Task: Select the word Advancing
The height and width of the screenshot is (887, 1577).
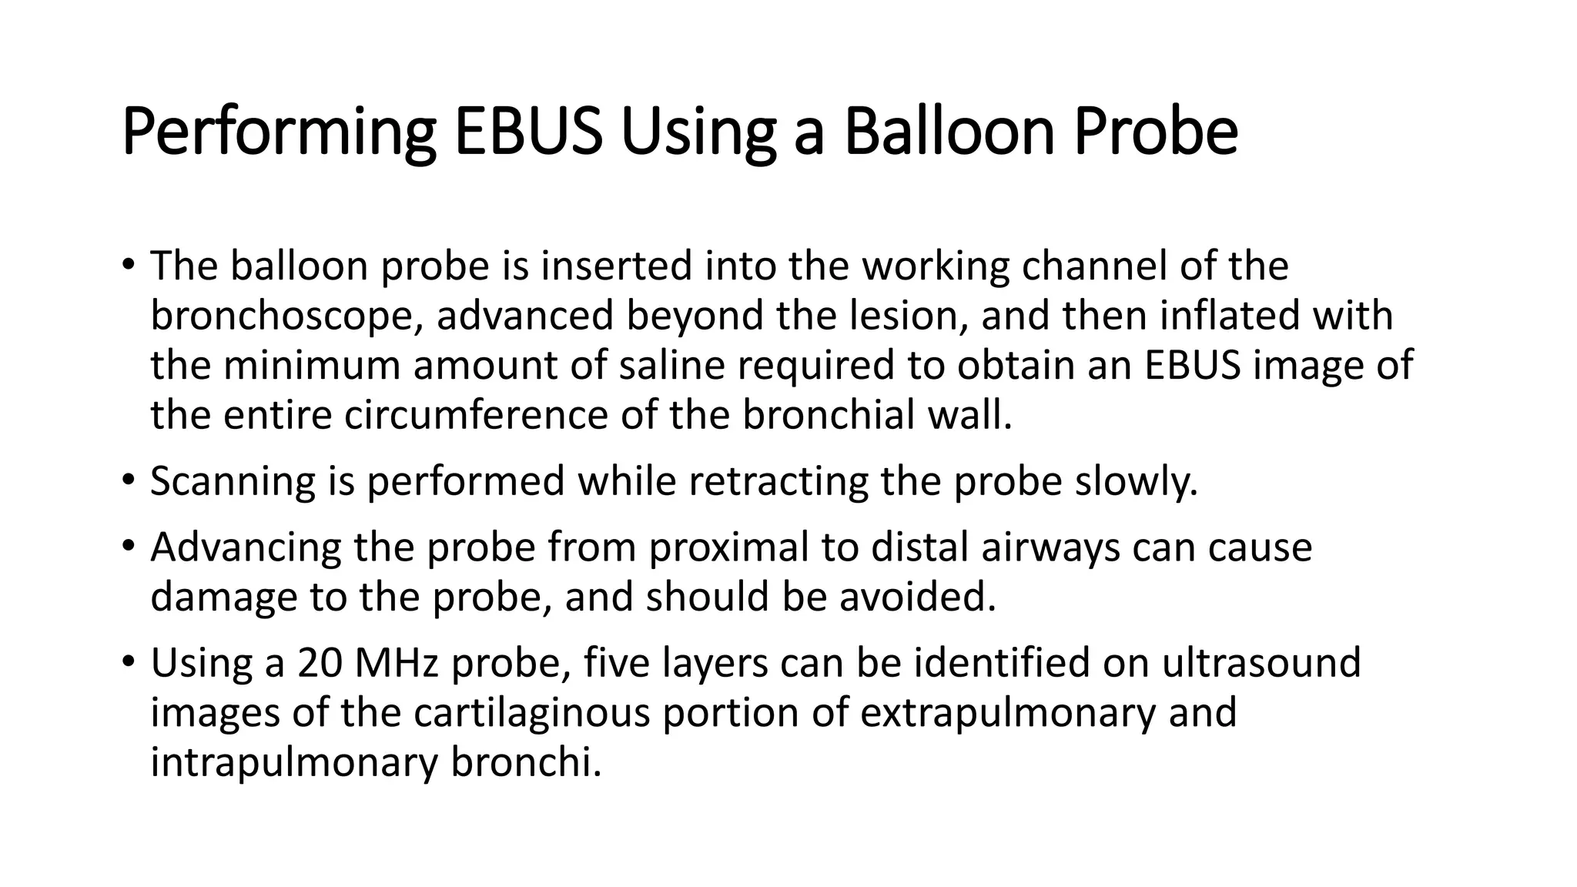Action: pyautogui.click(x=246, y=547)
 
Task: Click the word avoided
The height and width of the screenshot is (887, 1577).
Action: pyautogui.click(x=917, y=597)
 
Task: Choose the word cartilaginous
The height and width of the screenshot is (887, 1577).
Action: pyautogui.click(x=532, y=713)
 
